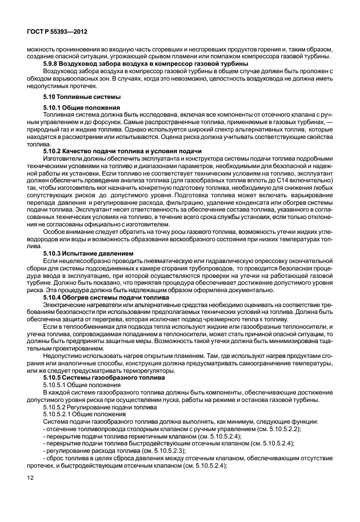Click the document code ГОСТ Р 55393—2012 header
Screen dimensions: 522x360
click(x=54, y=34)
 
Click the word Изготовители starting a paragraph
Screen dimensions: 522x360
click(x=61, y=157)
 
